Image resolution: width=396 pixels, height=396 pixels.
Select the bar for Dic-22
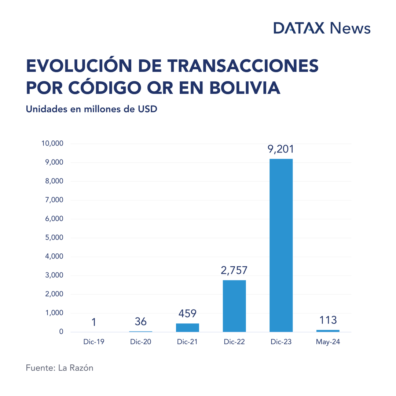pos(234,306)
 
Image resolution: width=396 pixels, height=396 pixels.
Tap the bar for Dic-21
pos(187,327)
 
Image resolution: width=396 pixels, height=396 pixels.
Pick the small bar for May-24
pos(328,331)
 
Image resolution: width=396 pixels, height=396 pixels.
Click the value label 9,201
pos(281,149)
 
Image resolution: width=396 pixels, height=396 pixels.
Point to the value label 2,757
pos(234,271)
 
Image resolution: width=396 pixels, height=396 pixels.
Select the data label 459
pos(187,314)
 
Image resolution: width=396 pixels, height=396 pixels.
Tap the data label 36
pos(140,322)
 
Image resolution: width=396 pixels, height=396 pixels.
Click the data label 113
pos(328,320)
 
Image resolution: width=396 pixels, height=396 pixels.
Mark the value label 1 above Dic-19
pos(94,322)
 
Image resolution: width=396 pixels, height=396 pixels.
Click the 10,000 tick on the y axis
pos(53,143)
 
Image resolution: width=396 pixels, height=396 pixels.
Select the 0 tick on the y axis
pos(61,332)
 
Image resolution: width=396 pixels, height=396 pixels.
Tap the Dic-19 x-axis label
pos(94,342)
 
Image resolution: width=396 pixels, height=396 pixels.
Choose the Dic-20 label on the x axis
pos(140,342)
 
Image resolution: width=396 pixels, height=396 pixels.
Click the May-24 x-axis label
pos(328,342)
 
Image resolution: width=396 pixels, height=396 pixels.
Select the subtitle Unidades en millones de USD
pos(91,109)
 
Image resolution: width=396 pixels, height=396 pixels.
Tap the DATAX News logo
pos(322,28)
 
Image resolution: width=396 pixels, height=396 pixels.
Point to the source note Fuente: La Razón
pos(59,368)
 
